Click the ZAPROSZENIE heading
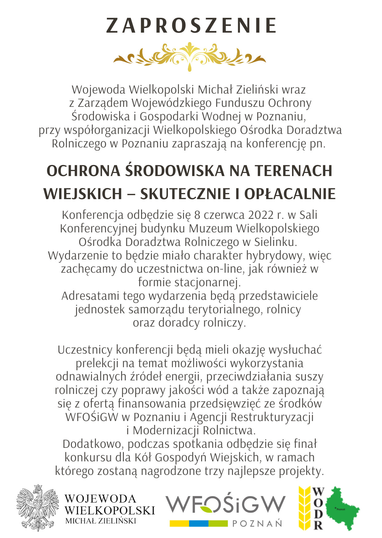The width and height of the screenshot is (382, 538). [x=191, y=26]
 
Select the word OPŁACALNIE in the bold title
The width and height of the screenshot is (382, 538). [x=290, y=194]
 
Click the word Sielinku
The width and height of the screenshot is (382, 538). [x=275, y=242]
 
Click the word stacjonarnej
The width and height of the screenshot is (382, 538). [x=208, y=283]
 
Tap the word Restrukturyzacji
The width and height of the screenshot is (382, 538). [x=272, y=417]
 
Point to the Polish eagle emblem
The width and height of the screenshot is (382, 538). [x=38, y=508]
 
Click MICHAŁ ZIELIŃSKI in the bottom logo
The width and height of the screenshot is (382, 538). [x=101, y=521]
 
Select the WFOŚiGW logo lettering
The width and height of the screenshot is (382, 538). [x=226, y=504]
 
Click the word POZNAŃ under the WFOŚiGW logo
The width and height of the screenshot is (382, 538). [x=257, y=524]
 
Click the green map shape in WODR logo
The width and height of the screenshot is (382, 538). [x=342, y=508]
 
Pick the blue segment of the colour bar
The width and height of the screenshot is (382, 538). [x=199, y=523]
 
